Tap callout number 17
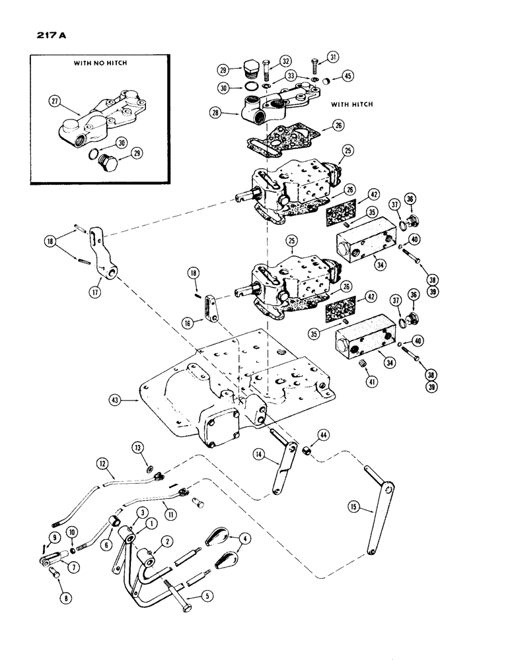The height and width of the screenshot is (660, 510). tap(96, 288)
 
